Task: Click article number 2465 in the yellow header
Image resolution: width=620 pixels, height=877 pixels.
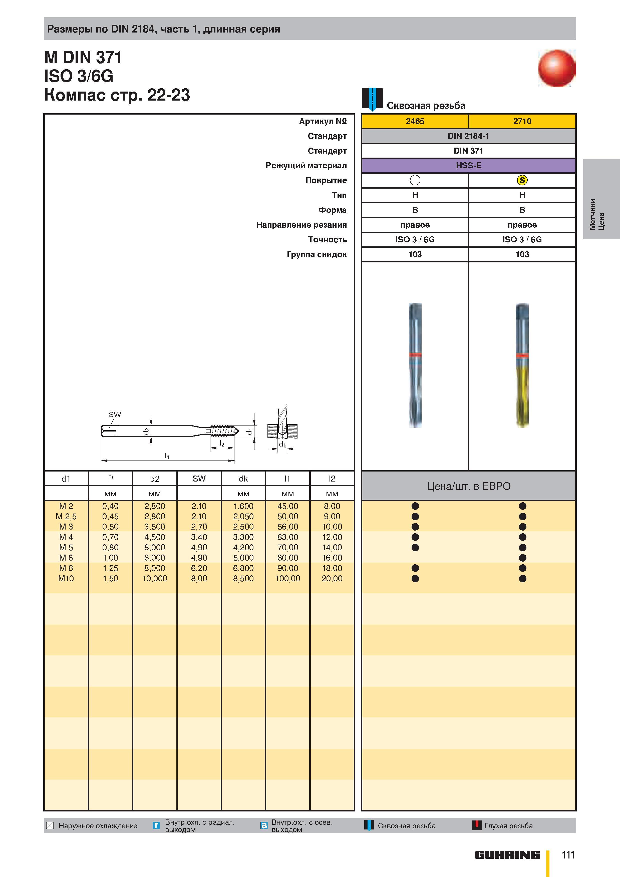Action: tap(415, 121)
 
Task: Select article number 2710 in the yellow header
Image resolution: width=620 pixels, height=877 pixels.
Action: tap(522, 121)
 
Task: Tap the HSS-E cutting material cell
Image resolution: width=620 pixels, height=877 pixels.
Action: tap(468, 165)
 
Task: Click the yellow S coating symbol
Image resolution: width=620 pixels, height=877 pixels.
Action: tap(522, 180)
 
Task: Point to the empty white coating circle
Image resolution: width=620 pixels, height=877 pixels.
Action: tap(415, 180)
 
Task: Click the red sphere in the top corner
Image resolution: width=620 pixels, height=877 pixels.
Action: tap(557, 68)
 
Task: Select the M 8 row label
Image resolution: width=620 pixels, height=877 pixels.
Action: tap(66, 568)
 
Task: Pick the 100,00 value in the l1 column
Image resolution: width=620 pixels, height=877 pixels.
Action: tap(288, 578)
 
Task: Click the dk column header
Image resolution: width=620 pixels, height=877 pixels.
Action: tap(243, 479)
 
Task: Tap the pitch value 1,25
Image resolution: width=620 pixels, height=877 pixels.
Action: tap(110, 568)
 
